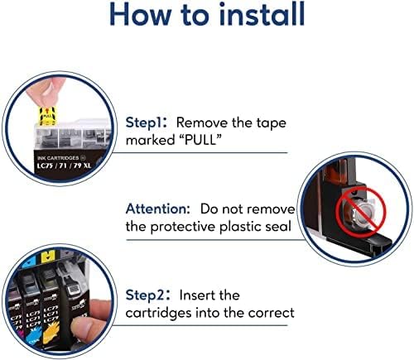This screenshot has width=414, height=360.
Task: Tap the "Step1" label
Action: pos(146,122)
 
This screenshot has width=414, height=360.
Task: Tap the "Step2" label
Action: pos(147,295)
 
